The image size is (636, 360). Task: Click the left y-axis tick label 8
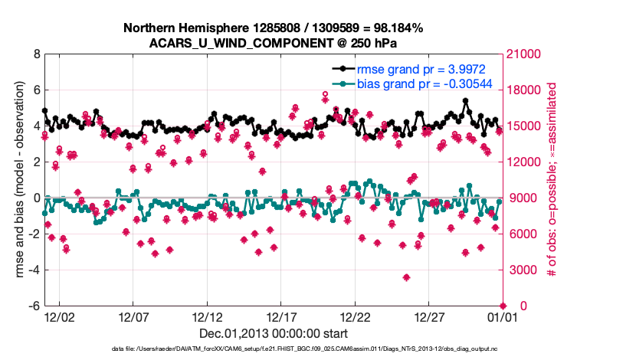[36, 54]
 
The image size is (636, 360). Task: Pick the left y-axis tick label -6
[34, 306]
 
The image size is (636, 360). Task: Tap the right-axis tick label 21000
[526, 54]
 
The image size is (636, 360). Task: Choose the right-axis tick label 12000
[526, 162]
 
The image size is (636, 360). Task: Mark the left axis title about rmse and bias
[18, 181]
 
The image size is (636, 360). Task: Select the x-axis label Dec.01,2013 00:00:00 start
[273, 334]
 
